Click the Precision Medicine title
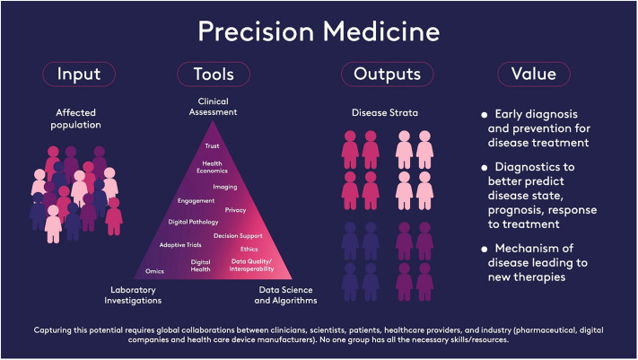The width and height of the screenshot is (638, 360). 319,31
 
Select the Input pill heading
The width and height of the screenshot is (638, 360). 79,74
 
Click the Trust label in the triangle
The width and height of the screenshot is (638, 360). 212,145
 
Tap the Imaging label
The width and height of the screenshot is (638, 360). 225,187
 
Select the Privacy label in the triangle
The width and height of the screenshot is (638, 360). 235,209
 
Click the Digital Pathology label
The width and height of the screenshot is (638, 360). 193,221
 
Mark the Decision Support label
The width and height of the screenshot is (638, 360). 237,235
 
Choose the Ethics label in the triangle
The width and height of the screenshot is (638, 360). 249,248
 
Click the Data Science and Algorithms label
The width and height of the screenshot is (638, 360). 287,294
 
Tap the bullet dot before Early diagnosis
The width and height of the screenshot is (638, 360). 485,115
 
